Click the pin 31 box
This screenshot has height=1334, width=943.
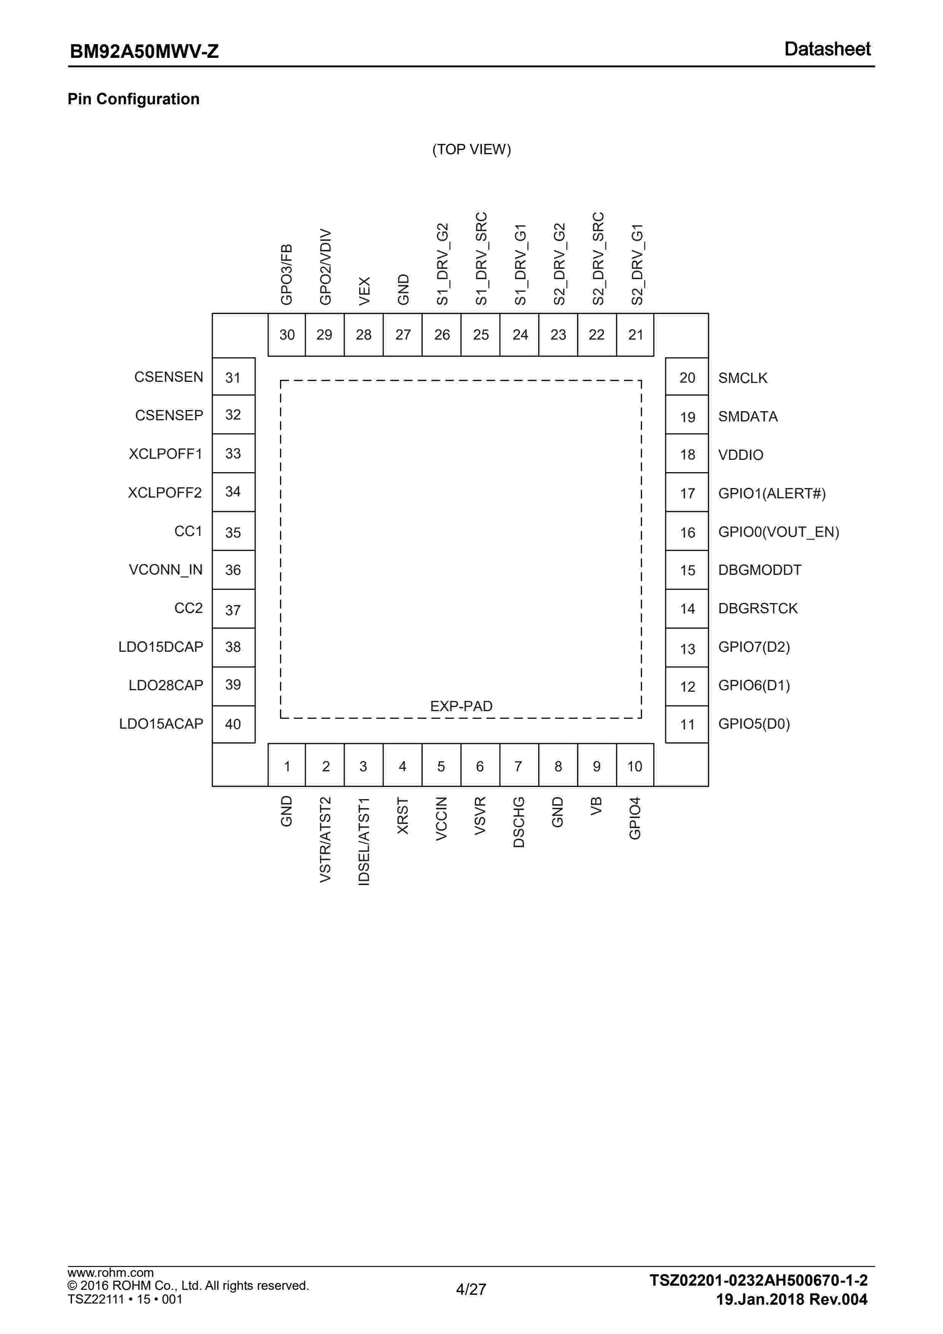234,377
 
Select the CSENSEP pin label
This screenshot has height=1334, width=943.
169,415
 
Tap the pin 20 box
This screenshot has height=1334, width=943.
687,378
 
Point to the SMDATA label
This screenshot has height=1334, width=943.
747,416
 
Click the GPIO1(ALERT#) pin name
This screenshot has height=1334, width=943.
772,493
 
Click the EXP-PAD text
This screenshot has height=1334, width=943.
461,706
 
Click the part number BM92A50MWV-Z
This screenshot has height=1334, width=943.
144,52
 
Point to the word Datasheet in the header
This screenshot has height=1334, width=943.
827,49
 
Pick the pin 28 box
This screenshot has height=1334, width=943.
364,335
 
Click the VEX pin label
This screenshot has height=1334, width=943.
364,290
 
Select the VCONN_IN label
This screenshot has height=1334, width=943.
165,570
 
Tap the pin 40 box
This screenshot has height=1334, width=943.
234,724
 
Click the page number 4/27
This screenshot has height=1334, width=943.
471,1289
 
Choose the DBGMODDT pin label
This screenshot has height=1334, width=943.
760,570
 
